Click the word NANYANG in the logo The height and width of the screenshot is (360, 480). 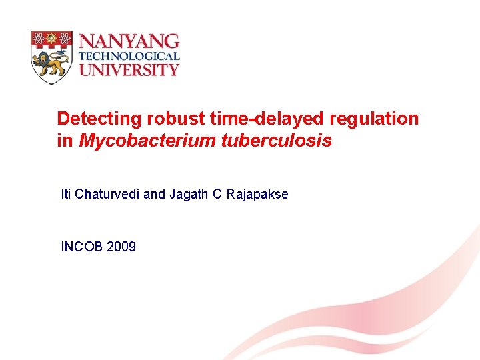[x=129, y=41]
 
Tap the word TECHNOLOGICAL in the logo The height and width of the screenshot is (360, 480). [x=129, y=57]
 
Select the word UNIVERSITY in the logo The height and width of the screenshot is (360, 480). [x=129, y=69]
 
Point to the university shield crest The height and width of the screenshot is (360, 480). [x=51, y=57]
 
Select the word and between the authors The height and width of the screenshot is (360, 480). [x=154, y=195]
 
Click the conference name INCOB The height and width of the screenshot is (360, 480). [x=81, y=247]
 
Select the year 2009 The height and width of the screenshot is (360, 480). [x=121, y=247]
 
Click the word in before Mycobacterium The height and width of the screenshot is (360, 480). [x=65, y=141]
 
